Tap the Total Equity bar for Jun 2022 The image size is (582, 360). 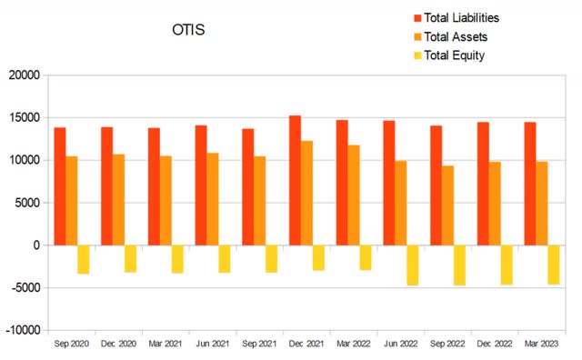[x=412, y=265]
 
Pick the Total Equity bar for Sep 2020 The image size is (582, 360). [x=83, y=260]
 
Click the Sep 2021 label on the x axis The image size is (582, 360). [x=259, y=344]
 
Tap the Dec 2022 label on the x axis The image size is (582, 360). [x=494, y=344]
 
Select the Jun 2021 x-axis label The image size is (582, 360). [x=212, y=344]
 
